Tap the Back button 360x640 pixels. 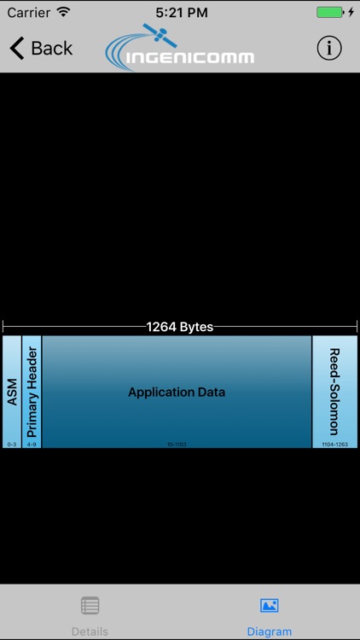click(41, 49)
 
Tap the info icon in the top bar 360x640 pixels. click(329, 49)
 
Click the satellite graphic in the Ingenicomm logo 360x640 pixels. click(158, 36)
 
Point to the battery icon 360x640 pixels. click(329, 13)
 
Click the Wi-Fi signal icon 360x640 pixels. click(64, 13)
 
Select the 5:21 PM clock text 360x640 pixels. click(180, 13)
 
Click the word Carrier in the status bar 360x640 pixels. click(29, 13)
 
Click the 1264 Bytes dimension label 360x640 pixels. click(180, 327)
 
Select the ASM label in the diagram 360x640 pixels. click(12, 392)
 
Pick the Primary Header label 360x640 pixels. click(32, 392)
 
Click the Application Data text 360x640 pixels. click(177, 393)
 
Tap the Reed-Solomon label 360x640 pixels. click(334, 392)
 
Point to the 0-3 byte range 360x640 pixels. click(12, 445)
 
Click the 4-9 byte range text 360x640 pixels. click(32, 445)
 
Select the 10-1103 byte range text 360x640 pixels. click(177, 445)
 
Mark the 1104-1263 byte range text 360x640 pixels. click(334, 445)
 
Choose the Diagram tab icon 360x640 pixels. click(270, 606)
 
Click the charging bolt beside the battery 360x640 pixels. click(351, 13)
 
